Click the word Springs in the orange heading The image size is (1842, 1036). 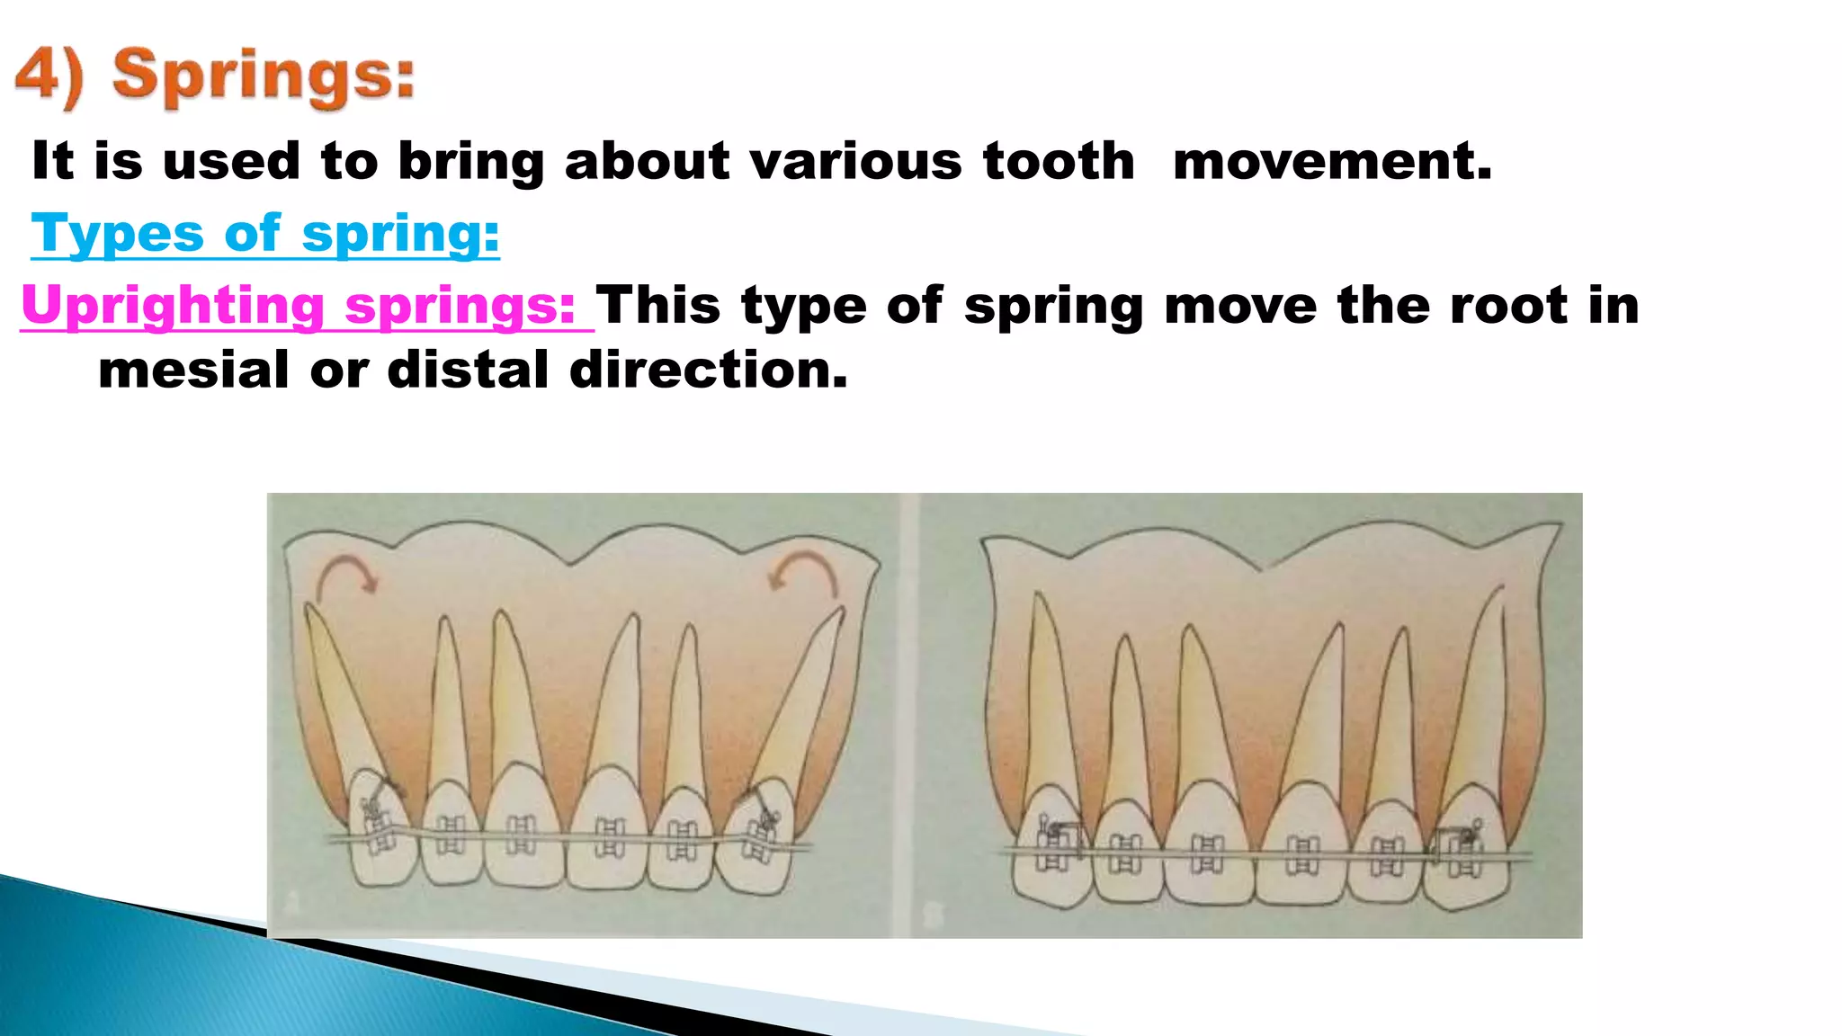tap(263, 76)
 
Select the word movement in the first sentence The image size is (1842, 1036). tap(1332, 162)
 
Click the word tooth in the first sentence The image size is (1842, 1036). tap(1059, 162)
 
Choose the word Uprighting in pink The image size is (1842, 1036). tap(173, 306)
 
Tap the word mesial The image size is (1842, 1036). tap(193, 370)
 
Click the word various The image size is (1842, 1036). tap(855, 162)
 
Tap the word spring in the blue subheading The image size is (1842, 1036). tap(399, 236)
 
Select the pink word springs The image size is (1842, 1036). tap(460, 306)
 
